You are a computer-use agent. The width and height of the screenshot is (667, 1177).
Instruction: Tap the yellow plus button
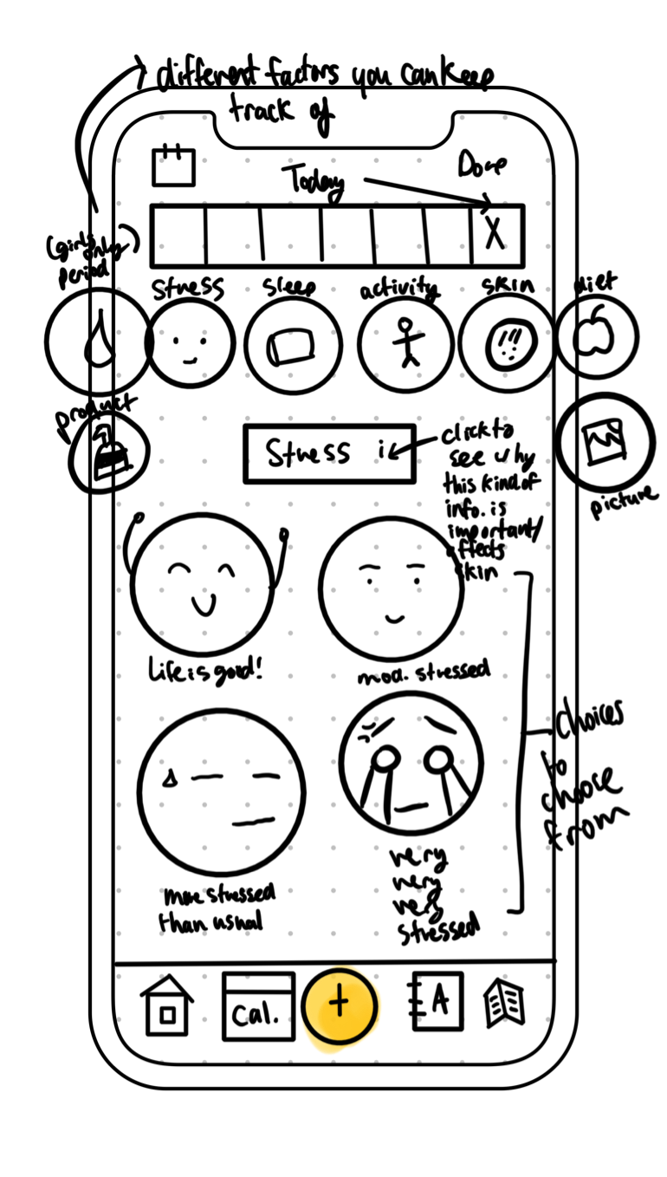[x=340, y=1005]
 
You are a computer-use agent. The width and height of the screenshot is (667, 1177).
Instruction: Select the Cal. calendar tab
[x=257, y=1006]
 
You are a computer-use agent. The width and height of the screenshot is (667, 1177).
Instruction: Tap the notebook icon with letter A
[x=434, y=1002]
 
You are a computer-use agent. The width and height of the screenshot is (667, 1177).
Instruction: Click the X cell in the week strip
[x=495, y=235]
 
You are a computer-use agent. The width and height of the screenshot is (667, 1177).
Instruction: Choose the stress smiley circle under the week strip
[x=190, y=343]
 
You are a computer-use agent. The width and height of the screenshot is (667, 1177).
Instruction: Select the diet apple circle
[x=597, y=338]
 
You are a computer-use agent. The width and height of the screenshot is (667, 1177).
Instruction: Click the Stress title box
[x=329, y=453]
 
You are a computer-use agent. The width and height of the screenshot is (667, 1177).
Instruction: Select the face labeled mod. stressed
[x=391, y=588]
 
